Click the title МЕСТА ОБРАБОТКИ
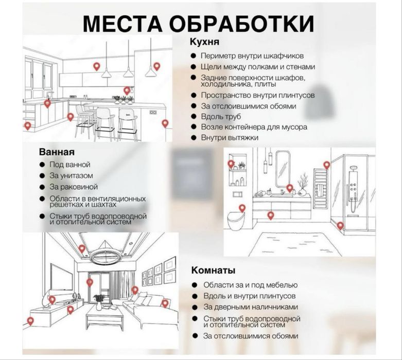198,24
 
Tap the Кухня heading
204,42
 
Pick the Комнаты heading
213,270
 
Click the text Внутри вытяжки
230,137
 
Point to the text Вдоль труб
221,117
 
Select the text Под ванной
69,165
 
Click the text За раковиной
73,187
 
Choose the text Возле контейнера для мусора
254,127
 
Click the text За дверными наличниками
250,307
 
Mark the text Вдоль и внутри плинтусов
249,296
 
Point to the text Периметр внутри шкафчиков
252,56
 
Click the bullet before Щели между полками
192,67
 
